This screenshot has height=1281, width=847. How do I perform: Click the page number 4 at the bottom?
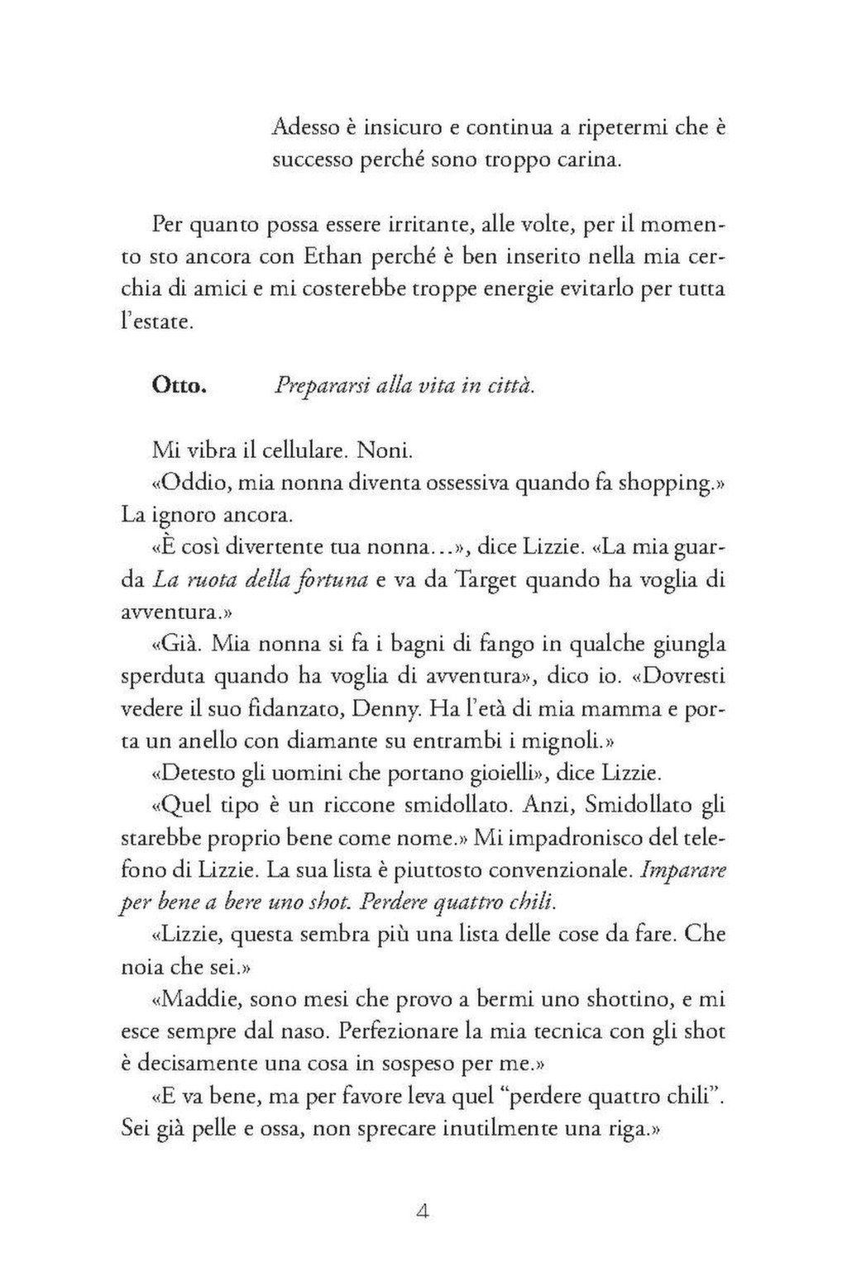[423, 1213]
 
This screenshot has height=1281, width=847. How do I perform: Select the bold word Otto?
[179, 387]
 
